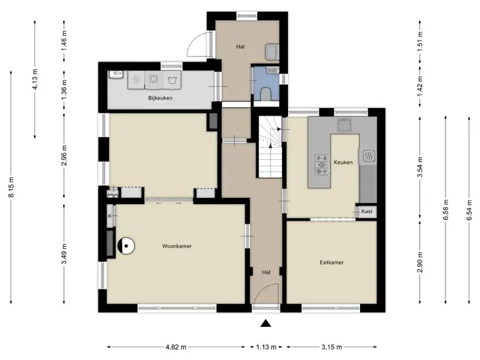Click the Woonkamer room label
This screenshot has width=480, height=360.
pyautogui.click(x=177, y=246)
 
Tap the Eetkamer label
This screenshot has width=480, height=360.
pyautogui.click(x=331, y=262)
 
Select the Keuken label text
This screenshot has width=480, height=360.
pyautogui.click(x=343, y=162)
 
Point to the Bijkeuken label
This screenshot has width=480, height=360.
pyautogui.click(x=160, y=98)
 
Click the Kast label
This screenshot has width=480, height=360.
pyautogui.click(x=367, y=211)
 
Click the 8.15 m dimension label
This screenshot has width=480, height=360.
pyautogui.click(x=11, y=187)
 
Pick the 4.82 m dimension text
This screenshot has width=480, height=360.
pyautogui.click(x=176, y=347)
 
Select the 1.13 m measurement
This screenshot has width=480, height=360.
pyautogui.click(x=266, y=347)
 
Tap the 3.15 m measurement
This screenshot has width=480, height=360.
pyautogui.click(x=331, y=347)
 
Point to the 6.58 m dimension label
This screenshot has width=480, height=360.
pyautogui.click(x=445, y=210)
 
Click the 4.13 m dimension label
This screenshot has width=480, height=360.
pyautogui.click(x=35, y=79)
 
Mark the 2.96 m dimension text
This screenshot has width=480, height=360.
pyautogui.click(x=64, y=155)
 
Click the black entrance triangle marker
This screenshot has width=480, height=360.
pyautogui.click(x=265, y=323)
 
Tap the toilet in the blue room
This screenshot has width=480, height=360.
pyautogui.click(x=265, y=94)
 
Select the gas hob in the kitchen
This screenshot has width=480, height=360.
pyautogui.click(x=322, y=165)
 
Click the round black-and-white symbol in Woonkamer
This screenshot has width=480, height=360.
pyautogui.click(x=126, y=246)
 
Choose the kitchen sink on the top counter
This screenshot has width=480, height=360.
pyautogui.click(x=345, y=125)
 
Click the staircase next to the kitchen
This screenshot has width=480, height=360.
pyautogui.click(x=270, y=147)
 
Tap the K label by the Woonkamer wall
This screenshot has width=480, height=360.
pyautogui.click(x=109, y=216)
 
